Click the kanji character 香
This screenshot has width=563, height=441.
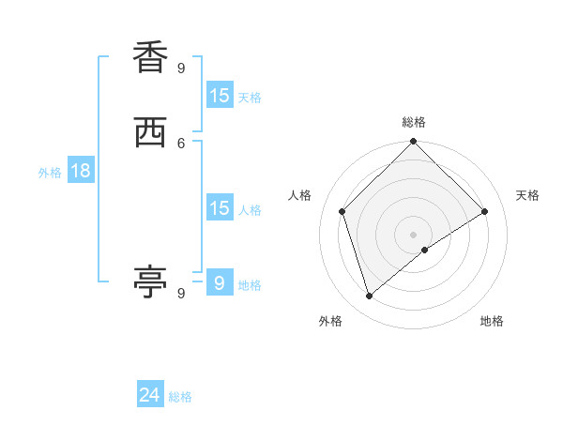point(150,57)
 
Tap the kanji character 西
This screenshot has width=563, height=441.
point(150,133)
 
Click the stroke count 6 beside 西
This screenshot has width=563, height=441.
point(181,143)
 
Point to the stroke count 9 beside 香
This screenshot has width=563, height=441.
point(181,68)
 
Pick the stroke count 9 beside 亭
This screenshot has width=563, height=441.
point(181,293)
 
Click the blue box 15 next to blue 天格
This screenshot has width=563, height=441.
point(220,96)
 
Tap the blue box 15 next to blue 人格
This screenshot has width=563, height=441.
point(220,208)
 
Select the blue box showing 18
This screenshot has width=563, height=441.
point(81,171)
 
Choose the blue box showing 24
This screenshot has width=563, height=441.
point(150,395)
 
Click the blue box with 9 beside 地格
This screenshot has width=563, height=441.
point(220,282)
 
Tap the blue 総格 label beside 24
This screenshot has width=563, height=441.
point(180,397)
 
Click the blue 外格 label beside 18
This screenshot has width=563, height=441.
point(50,173)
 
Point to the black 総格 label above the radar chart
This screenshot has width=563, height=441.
point(414,122)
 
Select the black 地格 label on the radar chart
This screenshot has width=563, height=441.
point(492,321)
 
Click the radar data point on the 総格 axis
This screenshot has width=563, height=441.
point(414,143)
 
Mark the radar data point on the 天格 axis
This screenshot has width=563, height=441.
point(485,212)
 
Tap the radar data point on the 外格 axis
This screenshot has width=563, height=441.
point(370,296)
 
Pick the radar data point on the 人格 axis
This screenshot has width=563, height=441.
point(342,211)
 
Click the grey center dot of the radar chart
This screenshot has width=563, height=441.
point(414,234)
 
